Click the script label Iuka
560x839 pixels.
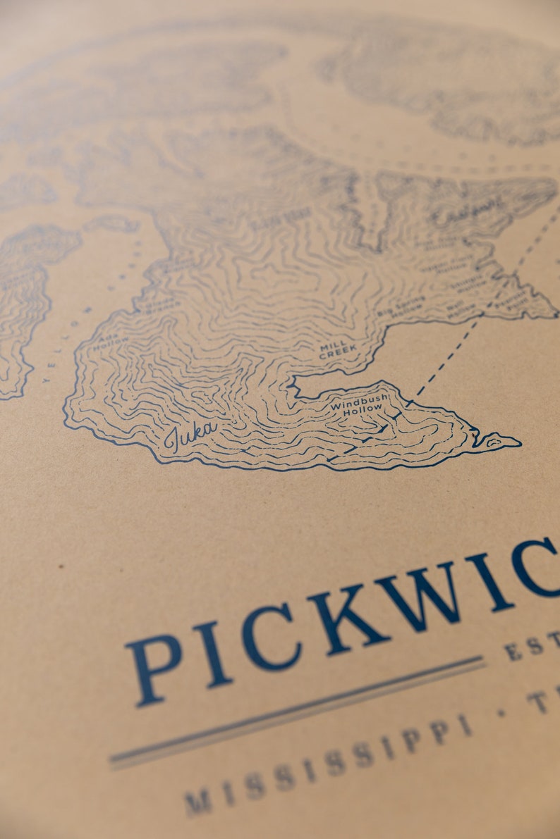coord(189,433)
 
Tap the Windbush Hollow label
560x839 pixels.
coord(359,404)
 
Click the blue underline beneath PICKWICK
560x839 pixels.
coord(296,712)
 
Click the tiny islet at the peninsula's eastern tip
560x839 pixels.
coord(502,442)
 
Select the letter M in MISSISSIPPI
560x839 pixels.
coord(197,802)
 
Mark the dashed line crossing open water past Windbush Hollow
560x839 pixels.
coord(451,352)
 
